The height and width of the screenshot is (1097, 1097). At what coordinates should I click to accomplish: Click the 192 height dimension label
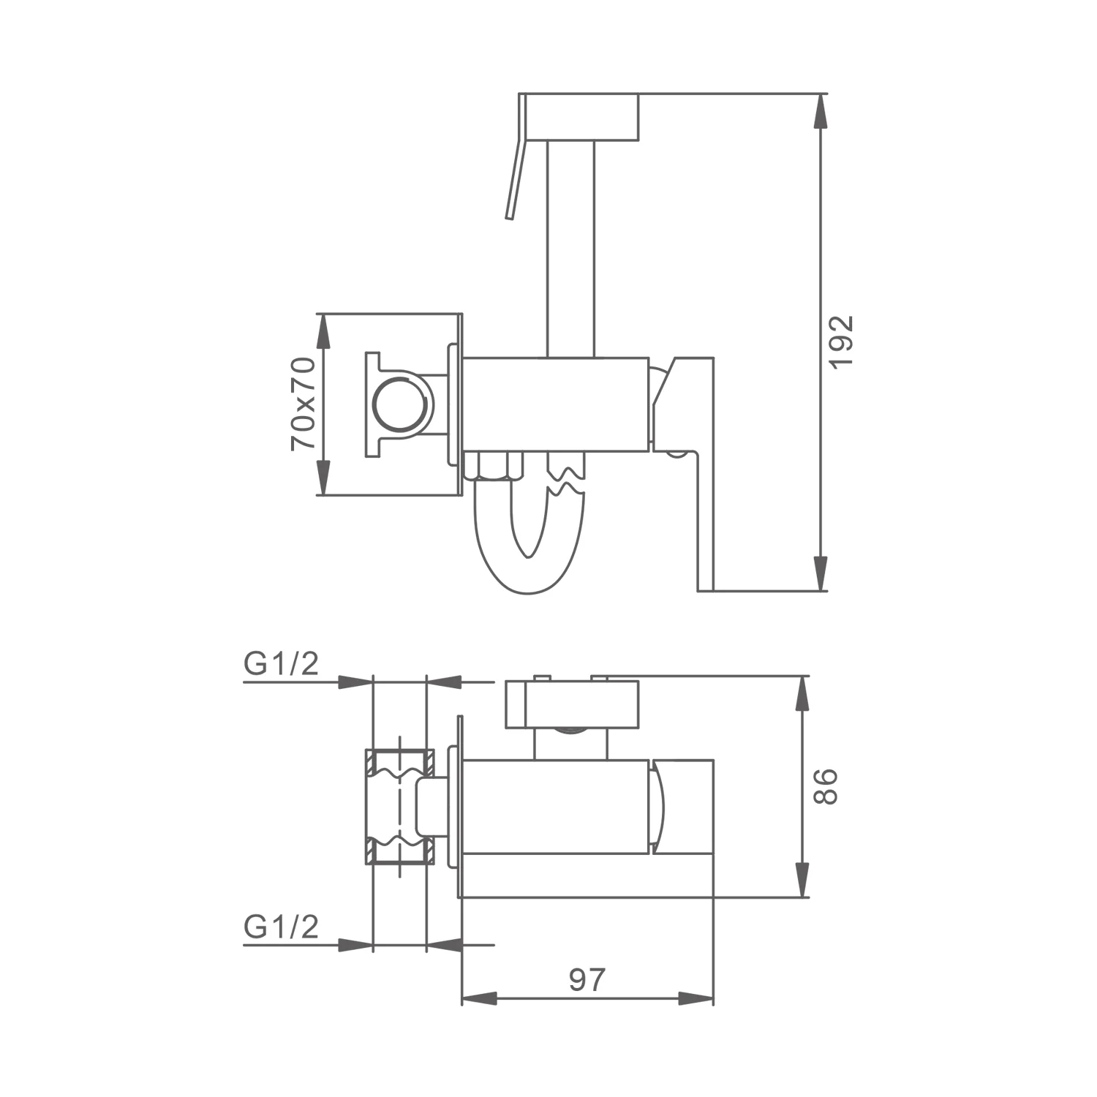[843, 342]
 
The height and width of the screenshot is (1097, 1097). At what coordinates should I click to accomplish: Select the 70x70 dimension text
[303, 404]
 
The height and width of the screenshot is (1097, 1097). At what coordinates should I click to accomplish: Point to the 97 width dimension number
[587, 979]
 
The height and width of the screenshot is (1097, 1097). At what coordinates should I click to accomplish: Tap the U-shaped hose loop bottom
[530, 567]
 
